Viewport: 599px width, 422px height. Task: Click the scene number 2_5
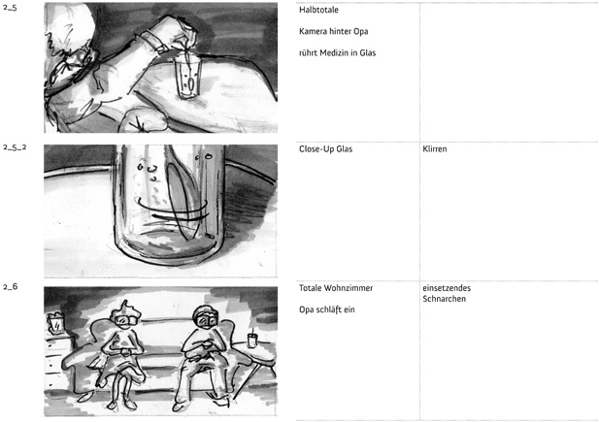(10, 8)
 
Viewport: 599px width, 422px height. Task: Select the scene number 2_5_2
(15, 147)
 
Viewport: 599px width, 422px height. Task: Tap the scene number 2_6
(11, 286)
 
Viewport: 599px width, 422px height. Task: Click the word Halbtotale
(318, 10)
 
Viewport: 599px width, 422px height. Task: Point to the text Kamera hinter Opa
(334, 31)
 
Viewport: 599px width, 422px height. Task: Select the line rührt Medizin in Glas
(337, 52)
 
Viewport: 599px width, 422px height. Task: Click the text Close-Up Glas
(325, 149)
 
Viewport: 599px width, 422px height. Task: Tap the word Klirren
(435, 149)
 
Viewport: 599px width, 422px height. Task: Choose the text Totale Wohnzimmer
(336, 288)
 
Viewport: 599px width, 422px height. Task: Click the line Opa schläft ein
(327, 309)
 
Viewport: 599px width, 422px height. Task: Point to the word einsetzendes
(447, 288)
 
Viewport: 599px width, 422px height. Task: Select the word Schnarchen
(445, 299)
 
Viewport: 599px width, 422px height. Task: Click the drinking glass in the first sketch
(187, 77)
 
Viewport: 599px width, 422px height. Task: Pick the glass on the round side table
(252, 340)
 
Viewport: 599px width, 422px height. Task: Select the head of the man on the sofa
(206, 316)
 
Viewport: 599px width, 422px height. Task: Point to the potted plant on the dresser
(55, 324)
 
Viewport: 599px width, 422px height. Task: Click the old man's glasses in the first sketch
(81, 57)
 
